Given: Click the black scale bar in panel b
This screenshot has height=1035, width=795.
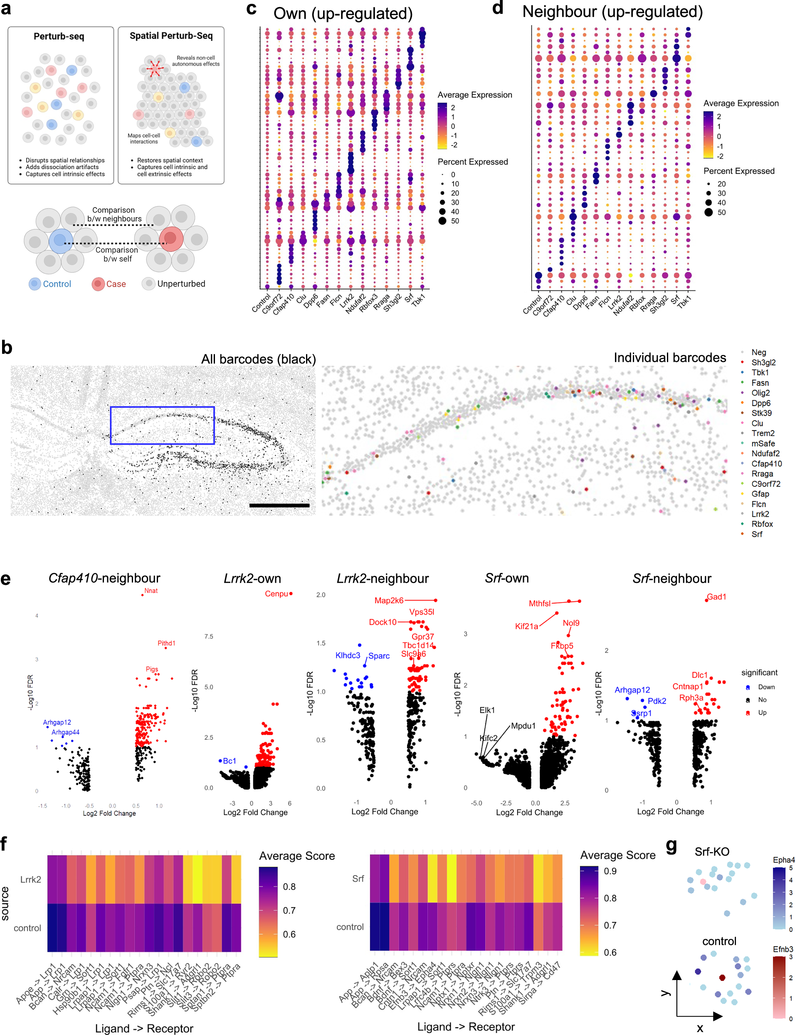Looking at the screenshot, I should click(279, 505).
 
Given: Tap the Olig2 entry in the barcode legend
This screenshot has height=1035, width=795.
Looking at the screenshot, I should click(760, 393).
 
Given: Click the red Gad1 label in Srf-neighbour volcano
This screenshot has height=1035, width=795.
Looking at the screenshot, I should click(716, 597).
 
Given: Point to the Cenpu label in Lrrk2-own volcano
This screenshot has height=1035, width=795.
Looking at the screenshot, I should click(277, 594).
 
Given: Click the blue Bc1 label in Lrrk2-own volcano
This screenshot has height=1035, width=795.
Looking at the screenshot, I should click(229, 760).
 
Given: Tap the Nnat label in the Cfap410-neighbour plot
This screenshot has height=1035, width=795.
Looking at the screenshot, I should click(151, 590).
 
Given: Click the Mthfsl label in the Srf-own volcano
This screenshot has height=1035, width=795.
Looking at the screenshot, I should click(539, 603).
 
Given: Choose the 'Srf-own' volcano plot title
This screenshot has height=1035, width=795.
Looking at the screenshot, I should click(506, 578).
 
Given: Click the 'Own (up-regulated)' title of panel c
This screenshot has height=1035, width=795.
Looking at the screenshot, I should click(343, 13).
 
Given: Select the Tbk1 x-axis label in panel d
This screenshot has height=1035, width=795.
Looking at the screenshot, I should click(685, 301).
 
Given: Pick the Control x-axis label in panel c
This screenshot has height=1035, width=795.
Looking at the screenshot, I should click(261, 303).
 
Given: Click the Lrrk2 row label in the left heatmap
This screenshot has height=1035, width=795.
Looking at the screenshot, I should click(30, 879).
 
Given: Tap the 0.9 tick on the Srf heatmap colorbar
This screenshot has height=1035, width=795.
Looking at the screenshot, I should click(610, 871).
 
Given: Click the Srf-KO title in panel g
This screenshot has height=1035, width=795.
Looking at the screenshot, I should click(711, 852).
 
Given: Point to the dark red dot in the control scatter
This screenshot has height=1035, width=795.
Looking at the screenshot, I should click(722, 977).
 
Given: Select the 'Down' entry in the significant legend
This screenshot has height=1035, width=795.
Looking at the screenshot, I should click(765, 686).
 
